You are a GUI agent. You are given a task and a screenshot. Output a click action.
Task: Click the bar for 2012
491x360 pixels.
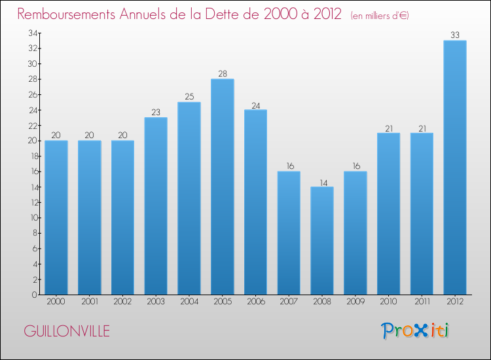(x=454, y=168)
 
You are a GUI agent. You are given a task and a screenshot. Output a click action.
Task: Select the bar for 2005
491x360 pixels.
(x=222, y=187)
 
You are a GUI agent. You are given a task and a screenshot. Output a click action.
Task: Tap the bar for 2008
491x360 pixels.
(x=321, y=240)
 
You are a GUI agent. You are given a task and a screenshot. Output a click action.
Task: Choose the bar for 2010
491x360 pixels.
(x=388, y=213)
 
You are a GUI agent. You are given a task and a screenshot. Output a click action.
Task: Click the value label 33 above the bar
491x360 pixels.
(x=454, y=35)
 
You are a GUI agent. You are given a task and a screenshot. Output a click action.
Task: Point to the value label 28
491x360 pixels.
(x=222, y=74)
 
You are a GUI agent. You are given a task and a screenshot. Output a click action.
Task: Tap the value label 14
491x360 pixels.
(x=321, y=181)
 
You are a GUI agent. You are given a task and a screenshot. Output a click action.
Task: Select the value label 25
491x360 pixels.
(x=189, y=97)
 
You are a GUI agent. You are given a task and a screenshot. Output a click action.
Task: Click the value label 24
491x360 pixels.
(x=255, y=105)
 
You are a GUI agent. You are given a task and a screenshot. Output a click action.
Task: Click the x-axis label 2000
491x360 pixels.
(x=56, y=303)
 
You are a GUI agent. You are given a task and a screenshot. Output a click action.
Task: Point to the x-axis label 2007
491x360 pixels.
(x=289, y=303)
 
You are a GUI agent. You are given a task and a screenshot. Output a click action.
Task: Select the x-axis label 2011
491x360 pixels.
(x=422, y=303)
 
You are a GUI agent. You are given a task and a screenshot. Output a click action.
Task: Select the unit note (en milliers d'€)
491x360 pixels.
(x=371, y=15)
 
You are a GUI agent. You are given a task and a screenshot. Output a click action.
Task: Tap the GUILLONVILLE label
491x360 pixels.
(x=67, y=331)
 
